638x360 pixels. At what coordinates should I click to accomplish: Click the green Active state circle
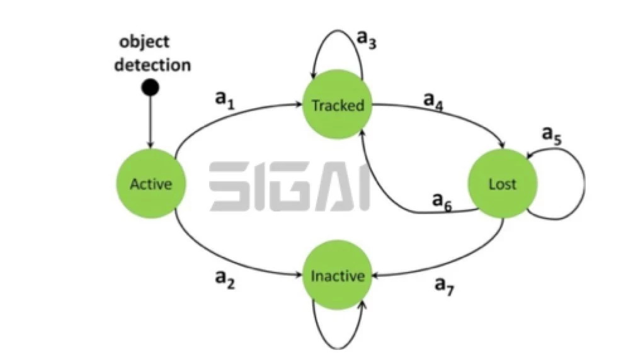pyautogui.click(x=151, y=183)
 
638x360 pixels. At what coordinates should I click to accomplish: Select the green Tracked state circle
pyautogui.click(x=338, y=104)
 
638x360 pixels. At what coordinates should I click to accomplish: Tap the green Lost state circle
pyautogui.click(x=503, y=183)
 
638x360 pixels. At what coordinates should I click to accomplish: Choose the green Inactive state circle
pyautogui.click(x=338, y=275)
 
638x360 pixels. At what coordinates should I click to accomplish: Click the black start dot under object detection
pyautogui.click(x=150, y=87)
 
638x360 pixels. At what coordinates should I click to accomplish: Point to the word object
pyautogui.click(x=144, y=42)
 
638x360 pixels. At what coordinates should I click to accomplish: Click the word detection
pyautogui.click(x=152, y=65)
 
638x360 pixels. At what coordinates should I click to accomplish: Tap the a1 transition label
pyautogui.click(x=225, y=99)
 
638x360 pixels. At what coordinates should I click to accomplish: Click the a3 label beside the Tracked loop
pyautogui.click(x=366, y=39)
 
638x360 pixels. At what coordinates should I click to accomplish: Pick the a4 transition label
pyautogui.click(x=433, y=101)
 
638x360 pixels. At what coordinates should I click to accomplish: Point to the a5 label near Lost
pyautogui.click(x=552, y=135)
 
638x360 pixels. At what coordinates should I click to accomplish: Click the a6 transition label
pyautogui.click(x=442, y=202)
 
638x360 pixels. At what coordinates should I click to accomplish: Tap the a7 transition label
pyautogui.click(x=444, y=286)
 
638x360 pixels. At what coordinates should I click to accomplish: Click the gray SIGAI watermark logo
pyautogui.click(x=290, y=186)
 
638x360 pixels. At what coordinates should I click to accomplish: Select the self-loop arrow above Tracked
pyautogui.click(x=338, y=30)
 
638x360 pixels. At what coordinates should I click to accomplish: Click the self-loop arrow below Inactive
pyautogui.click(x=338, y=348)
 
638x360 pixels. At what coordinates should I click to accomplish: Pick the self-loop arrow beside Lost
pyautogui.click(x=584, y=183)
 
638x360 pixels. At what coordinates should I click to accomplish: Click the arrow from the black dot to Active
pyautogui.click(x=150, y=123)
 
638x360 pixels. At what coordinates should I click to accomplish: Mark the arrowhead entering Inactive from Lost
pyautogui.click(x=375, y=276)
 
